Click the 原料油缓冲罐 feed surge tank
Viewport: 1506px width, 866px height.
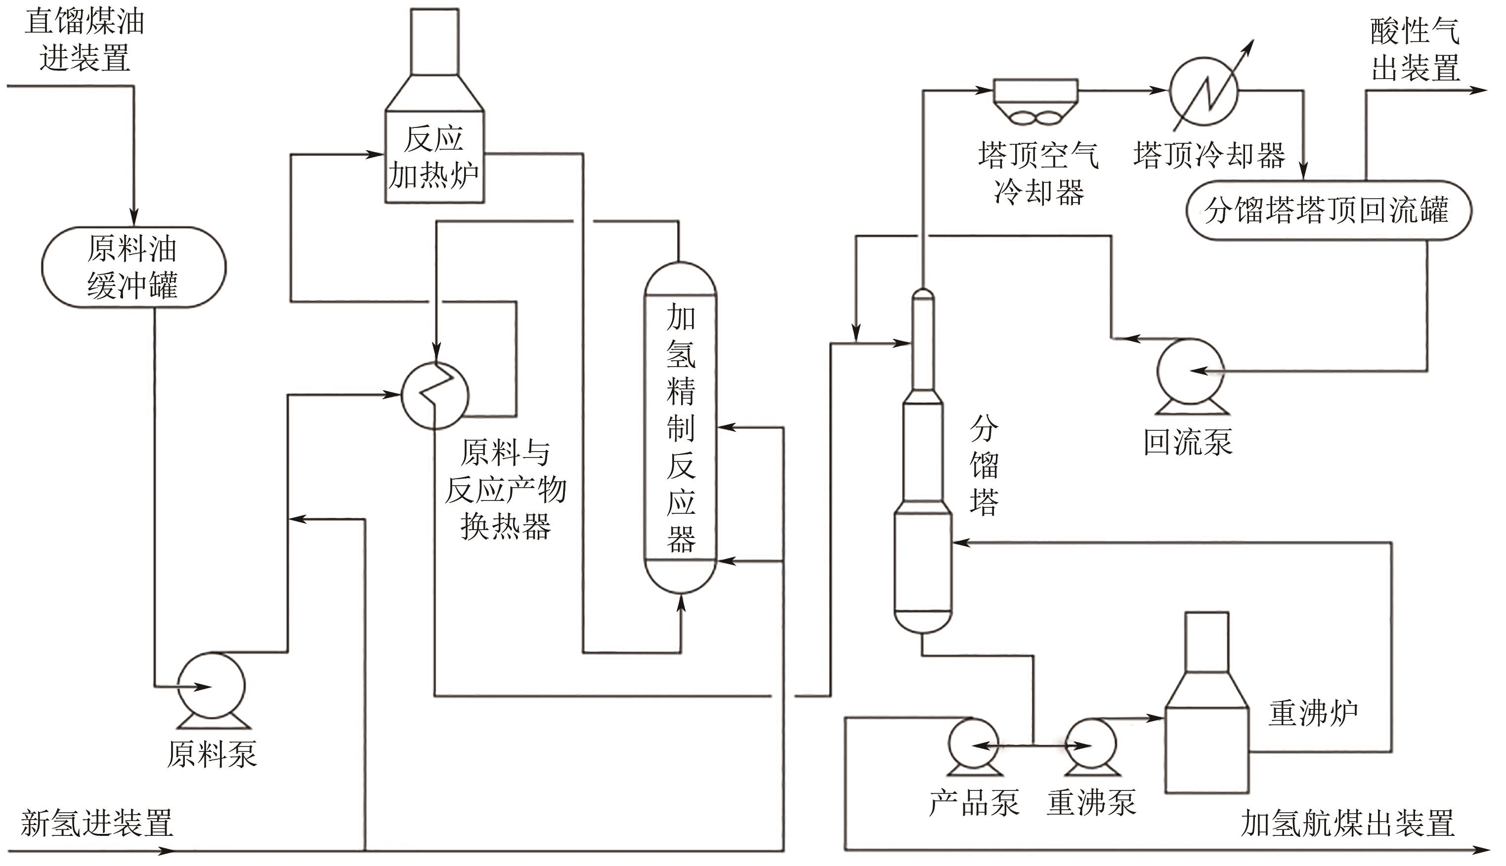point(133,267)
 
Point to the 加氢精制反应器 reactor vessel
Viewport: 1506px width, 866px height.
point(680,428)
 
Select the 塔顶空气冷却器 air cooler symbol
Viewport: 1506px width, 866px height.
point(1035,101)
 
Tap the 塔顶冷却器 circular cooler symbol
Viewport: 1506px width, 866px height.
point(1203,91)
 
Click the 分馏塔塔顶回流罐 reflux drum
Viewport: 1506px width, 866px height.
point(1328,210)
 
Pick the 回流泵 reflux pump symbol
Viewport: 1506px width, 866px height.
point(1190,371)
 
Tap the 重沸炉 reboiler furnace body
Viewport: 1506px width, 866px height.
point(1206,749)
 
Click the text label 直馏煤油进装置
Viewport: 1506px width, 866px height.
point(85,41)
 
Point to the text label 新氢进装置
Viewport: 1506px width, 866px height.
point(96,823)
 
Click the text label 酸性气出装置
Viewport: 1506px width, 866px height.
point(1415,49)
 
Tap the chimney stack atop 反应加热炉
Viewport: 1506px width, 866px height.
point(434,41)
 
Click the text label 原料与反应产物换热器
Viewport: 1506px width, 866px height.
point(505,489)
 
